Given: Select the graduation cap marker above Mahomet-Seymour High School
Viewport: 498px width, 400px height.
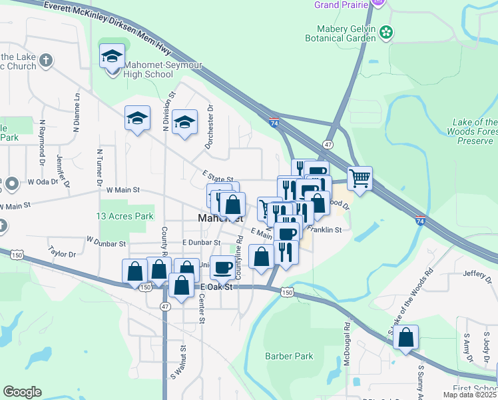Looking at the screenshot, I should (x=112, y=57).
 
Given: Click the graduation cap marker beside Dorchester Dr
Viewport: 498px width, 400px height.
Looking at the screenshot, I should (x=184, y=122).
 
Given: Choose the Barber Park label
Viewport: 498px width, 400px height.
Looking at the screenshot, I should (x=289, y=356).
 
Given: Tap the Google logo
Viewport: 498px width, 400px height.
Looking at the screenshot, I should (x=22, y=392).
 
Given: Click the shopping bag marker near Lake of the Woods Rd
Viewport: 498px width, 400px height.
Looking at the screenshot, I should (x=405, y=338).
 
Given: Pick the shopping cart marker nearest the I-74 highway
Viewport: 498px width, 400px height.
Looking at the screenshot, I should (x=360, y=178).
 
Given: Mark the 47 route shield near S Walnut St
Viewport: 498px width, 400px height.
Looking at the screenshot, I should (x=165, y=305).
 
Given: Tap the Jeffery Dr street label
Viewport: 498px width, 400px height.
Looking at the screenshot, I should (x=477, y=273).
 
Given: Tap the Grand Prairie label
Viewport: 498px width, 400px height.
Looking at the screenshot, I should (x=342, y=5).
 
